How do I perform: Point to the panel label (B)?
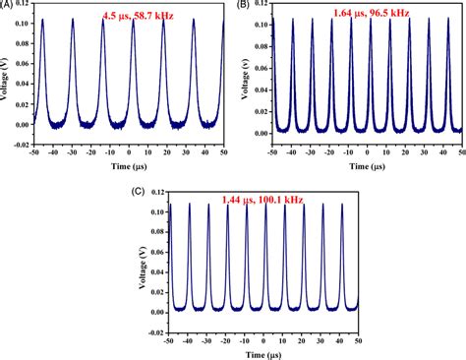243,5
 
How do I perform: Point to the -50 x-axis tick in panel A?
34,153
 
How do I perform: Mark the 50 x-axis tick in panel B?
460,153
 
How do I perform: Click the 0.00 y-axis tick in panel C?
154,312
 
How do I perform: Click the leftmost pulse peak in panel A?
43,20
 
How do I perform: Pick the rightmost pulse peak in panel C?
341,204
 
